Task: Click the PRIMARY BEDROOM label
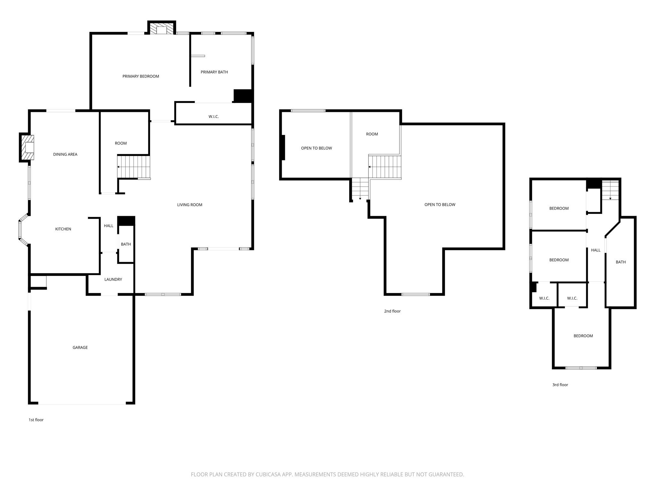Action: pyautogui.click(x=141, y=76)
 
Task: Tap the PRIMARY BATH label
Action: pyautogui.click(x=214, y=72)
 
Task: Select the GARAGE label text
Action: pyautogui.click(x=80, y=347)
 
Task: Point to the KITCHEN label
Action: pyautogui.click(x=63, y=229)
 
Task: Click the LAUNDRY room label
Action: pyautogui.click(x=113, y=279)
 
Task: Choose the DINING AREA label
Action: pyautogui.click(x=65, y=154)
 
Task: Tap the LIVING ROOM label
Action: pyautogui.click(x=190, y=205)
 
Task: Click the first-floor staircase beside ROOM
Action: pyautogui.click(x=134, y=167)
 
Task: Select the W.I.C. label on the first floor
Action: pyautogui.click(x=213, y=117)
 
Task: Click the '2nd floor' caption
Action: pyautogui.click(x=392, y=311)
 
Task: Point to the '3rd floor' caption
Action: pyautogui.click(x=560, y=385)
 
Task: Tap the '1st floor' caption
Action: pyautogui.click(x=36, y=420)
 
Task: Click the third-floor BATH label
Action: pyautogui.click(x=620, y=262)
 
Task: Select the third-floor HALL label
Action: pyautogui.click(x=596, y=250)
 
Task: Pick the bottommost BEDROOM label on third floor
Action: pyautogui.click(x=583, y=336)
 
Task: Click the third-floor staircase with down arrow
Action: pyautogui.click(x=610, y=190)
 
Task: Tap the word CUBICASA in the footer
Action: pyautogui.click(x=268, y=474)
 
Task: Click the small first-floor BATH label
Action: pyautogui.click(x=126, y=244)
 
